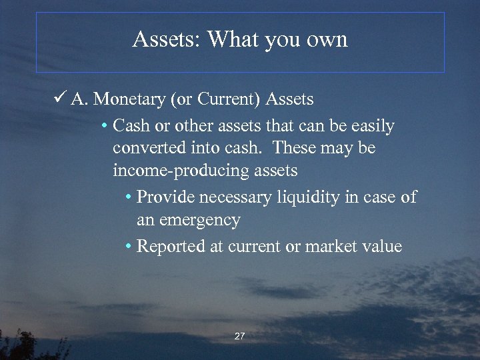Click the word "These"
pos(297,148)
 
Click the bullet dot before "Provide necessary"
pos(128,198)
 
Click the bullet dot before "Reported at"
pos(128,247)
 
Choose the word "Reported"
pos(171,247)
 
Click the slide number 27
pos(239,337)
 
